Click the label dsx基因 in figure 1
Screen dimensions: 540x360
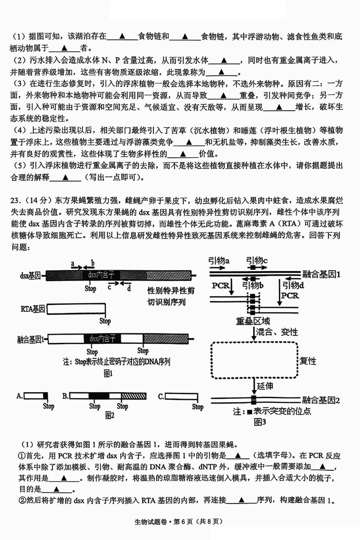(30, 274)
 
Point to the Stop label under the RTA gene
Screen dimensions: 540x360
(105, 321)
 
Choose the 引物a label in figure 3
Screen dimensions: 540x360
(219, 260)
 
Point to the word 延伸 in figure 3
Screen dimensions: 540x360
(265, 386)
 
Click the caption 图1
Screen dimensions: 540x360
(108, 373)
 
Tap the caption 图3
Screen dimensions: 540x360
(261, 422)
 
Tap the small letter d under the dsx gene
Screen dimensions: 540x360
(129, 289)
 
